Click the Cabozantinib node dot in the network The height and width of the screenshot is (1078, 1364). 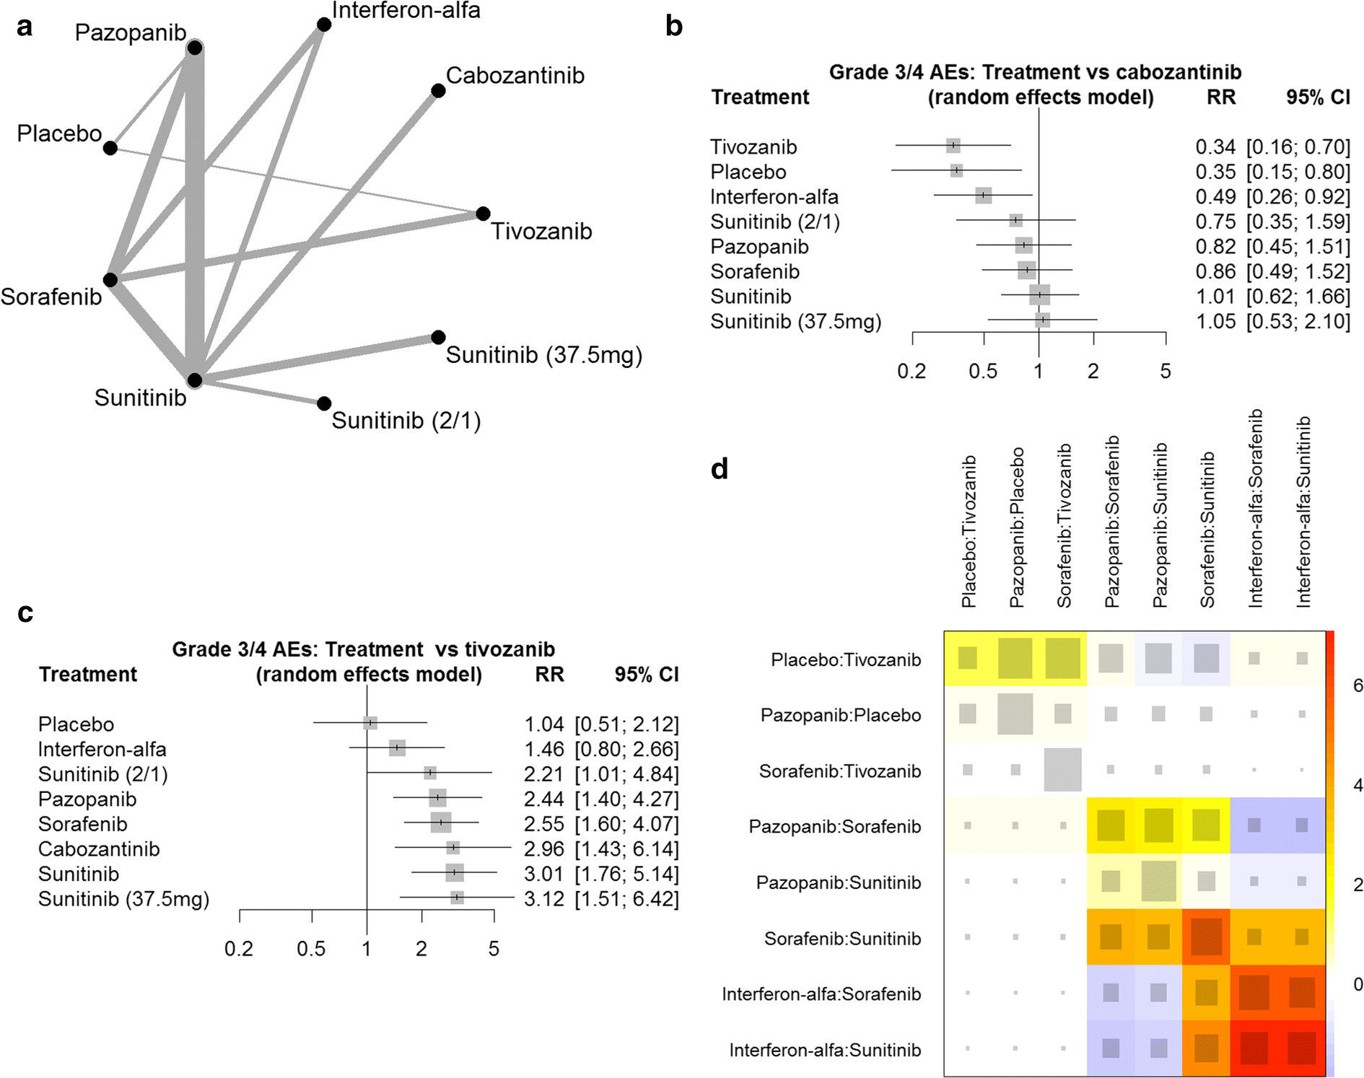coord(438,91)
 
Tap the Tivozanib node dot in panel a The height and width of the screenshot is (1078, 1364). coord(484,214)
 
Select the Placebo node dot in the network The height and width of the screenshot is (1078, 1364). coord(110,148)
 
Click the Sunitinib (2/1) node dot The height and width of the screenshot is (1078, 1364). coord(324,403)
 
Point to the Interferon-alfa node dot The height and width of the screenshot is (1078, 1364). coord(324,25)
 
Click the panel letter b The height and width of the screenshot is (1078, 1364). coord(673,27)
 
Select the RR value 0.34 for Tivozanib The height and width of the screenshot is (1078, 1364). coord(1215,147)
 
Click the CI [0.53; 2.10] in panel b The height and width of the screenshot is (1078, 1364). coord(1298,322)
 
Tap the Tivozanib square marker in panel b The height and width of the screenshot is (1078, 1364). coord(953,146)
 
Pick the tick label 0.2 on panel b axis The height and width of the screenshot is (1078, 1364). coord(911,372)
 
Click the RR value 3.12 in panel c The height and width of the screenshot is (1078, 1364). coord(543,899)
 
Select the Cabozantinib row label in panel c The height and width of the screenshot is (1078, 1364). coord(99,849)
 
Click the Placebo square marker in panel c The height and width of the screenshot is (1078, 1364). coord(370,723)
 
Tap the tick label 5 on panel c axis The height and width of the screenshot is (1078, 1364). coord(494,949)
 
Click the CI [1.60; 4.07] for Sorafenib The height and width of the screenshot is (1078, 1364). coord(626,824)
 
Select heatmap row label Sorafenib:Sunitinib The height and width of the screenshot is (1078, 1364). coord(842,939)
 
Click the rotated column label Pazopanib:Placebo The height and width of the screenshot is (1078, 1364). coord(1016,527)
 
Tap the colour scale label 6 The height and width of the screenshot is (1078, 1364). coord(1358,685)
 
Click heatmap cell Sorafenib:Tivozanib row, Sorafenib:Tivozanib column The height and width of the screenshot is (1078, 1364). coord(1062,770)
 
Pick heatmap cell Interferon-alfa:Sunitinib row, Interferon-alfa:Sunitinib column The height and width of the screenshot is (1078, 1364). coord(1301,1048)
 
